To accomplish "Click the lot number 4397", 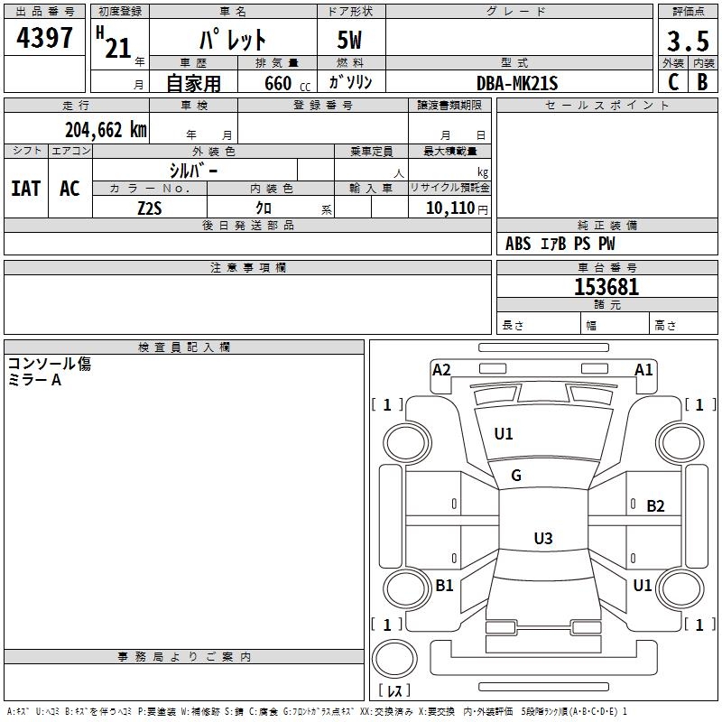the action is pos(44,37).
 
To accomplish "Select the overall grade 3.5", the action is pos(688,41).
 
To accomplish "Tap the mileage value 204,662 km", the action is pos(106,130).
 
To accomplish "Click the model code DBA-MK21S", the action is pos(517,83).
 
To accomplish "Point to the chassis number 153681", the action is pos(606,287).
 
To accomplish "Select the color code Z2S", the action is pos(150,208).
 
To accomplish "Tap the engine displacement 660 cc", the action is pos(287,84).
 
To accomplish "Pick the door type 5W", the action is pos(349,40).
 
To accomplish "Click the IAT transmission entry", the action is pos(26,189).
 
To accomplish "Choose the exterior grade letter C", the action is pos(673,82).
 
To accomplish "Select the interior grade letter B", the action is pos(703,82).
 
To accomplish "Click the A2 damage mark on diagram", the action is pos(441,370).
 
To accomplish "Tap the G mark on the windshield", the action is pos(516,476).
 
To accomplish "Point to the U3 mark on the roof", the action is pos(543,538).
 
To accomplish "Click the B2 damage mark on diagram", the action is pos(655,506).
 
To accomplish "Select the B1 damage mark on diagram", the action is pos(444,585).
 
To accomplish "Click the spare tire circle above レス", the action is pos(394,659).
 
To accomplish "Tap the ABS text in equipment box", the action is pos(518,244).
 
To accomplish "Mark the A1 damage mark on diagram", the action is pos(643,370).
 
